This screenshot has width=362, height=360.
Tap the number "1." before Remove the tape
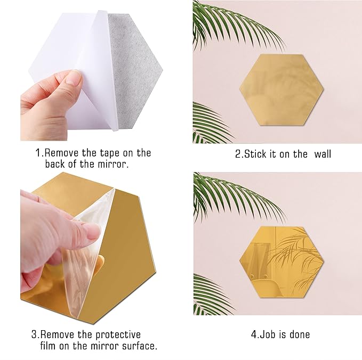point(39,153)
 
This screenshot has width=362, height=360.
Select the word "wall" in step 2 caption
point(323,154)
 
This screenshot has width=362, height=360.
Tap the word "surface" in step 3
point(139,347)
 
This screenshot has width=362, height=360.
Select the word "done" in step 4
point(299,335)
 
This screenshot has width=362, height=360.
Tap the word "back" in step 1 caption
point(55,164)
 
